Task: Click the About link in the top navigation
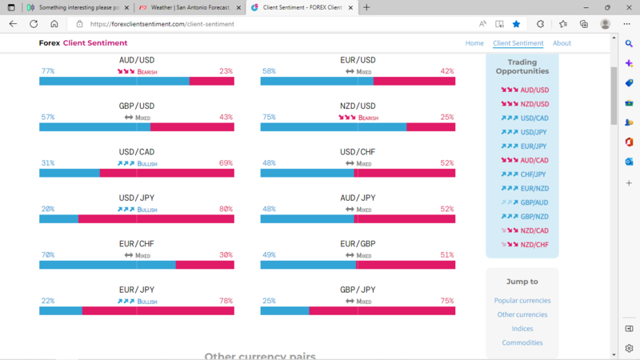(x=562, y=43)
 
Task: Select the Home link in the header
(x=474, y=43)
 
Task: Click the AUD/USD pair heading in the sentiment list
(x=137, y=60)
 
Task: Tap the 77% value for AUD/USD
(x=48, y=71)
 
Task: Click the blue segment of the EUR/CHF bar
(x=107, y=265)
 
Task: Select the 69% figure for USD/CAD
(x=226, y=163)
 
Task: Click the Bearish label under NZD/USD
(x=368, y=118)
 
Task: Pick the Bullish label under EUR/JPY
(x=147, y=302)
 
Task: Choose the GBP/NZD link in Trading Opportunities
(x=534, y=217)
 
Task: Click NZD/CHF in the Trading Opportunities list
(x=534, y=245)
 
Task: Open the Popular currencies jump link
(x=522, y=301)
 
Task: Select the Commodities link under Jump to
(x=522, y=343)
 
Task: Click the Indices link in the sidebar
(x=522, y=329)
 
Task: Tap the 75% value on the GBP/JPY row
(x=446, y=302)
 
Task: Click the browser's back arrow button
(x=13, y=24)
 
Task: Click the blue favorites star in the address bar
(x=516, y=24)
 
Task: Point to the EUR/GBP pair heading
(x=358, y=244)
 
